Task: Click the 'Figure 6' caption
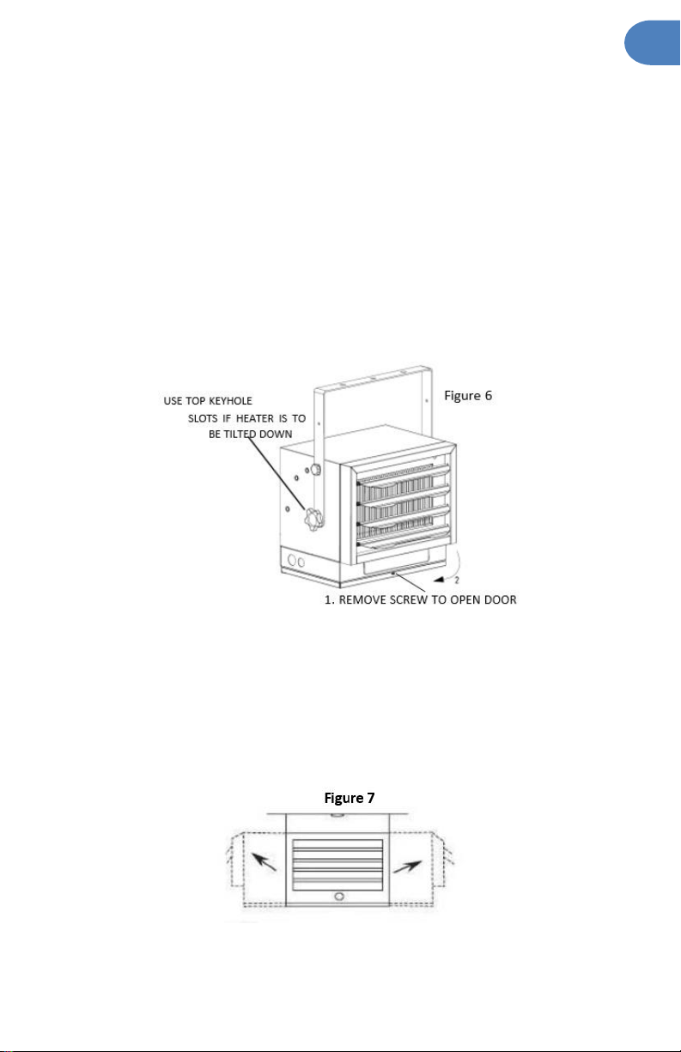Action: pos(468,395)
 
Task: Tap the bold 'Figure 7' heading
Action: pos(350,798)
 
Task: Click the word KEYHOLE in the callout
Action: pos(230,400)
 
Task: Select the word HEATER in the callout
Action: pos(254,418)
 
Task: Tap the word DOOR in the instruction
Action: pos(500,599)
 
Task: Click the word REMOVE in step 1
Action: pos(362,599)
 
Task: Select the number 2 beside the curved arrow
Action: pos(457,581)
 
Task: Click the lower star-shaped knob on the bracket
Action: pos(313,520)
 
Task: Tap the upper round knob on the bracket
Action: pos(316,469)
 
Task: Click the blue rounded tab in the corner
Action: pos(653,43)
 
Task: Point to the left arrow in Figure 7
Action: pos(264,862)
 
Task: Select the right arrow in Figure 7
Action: pos(408,867)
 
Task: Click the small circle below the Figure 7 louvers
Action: pos(338,896)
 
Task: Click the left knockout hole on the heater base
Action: pos(292,560)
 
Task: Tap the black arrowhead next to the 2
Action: pos(439,580)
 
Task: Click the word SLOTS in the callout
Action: pos(203,418)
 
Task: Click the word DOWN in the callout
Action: pos(276,434)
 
